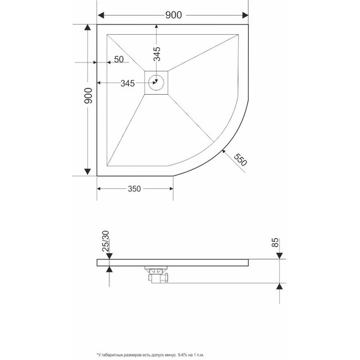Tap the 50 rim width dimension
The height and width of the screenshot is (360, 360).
pos(119,60)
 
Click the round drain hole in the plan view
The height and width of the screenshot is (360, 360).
pos(157,81)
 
